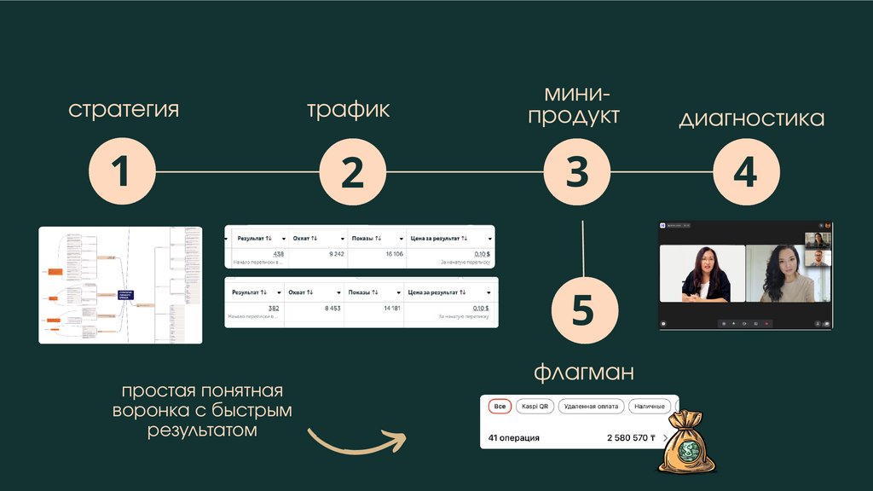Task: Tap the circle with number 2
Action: coord(352,171)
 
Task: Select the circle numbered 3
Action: coord(577,171)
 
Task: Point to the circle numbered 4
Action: coord(745,171)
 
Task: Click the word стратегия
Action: coord(124,110)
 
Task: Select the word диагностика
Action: coord(751,118)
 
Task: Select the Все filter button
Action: coord(500,407)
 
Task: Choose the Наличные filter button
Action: coord(650,407)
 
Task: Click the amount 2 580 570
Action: coord(630,438)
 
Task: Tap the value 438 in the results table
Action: coord(278,254)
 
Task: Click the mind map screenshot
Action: coord(120,285)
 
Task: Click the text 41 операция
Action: coord(513,438)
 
